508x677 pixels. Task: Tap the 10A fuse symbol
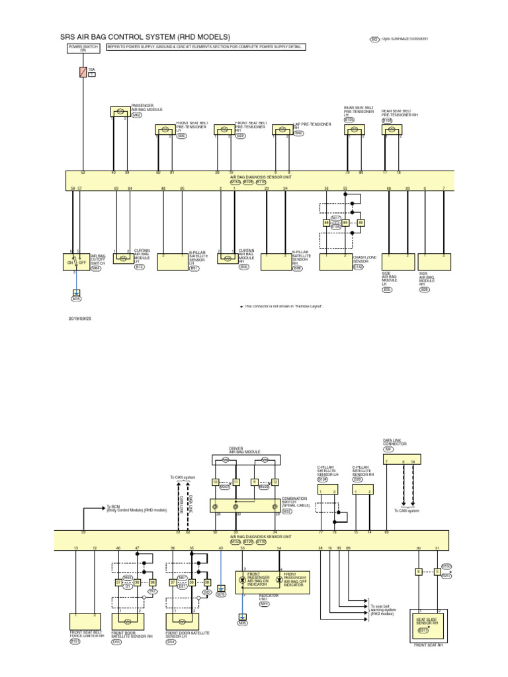pyautogui.click(x=83, y=72)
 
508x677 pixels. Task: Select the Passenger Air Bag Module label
pyautogui.click(x=147, y=108)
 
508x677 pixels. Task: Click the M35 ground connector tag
pyautogui.click(x=76, y=298)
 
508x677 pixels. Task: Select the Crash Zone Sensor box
pyautogui.click(x=336, y=262)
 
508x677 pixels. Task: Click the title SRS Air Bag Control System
pyautogui.click(x=146, y=37)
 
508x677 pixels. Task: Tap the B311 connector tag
pyautogui.click(x=423, y=631)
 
